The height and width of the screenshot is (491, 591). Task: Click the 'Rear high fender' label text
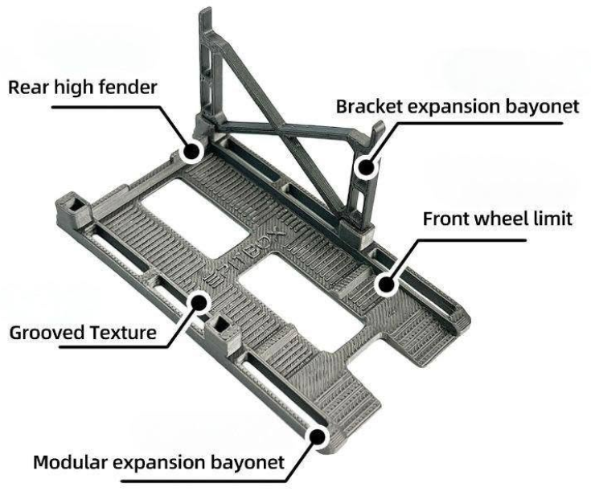pos(83,88)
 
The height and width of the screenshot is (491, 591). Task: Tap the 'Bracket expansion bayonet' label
pos(458,107)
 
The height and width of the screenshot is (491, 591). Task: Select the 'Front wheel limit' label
pos(498,219)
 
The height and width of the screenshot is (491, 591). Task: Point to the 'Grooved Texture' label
pos(83,333)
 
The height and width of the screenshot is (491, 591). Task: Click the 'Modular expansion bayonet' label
pos(158,462)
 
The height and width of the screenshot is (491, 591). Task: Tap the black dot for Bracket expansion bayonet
pos(365,166)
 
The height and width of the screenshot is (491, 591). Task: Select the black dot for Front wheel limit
pos(385,284)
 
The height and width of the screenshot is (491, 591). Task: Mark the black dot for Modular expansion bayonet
pos(318,437)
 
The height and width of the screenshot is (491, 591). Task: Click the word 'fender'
pos(128,88)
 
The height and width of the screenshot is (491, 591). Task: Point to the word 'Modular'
pos(70,462)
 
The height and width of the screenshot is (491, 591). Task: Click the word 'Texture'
pos(123,333)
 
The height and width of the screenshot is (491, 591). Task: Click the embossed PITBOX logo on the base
pos(245,256)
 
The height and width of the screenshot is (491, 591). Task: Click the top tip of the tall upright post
pos(205,9)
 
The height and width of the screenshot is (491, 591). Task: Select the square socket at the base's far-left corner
pos(75,206)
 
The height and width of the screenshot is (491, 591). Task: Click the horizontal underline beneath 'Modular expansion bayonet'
pos(203,481)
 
